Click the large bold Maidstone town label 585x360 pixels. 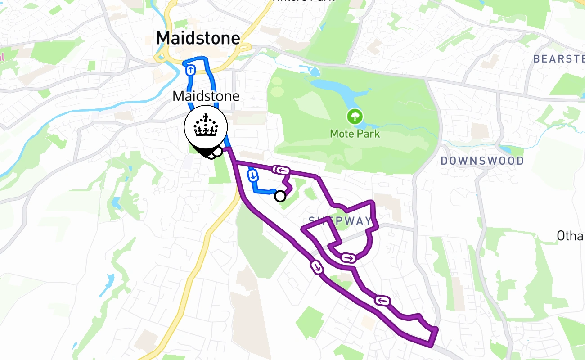pos(198,38)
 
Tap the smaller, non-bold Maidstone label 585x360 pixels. pos(206,96)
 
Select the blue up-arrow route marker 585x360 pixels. pos(191,70)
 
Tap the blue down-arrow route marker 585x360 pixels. pos(252,175)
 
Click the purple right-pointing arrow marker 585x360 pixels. pos(348,258)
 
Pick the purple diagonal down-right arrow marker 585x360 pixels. pos(317,268)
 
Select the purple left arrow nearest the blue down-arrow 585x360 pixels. pos(281,170)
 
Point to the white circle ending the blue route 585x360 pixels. pos(280,196)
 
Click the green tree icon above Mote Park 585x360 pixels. pos(355,117)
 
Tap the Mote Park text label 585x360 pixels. pos(355,134)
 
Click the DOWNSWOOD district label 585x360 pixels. pos(482,161)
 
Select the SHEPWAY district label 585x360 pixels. pos(341,220)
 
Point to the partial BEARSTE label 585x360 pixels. pos(558,58)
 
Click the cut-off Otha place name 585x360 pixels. pos(570,235)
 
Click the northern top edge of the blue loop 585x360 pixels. pos(197,59)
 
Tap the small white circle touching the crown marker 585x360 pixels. pos(217,152)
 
